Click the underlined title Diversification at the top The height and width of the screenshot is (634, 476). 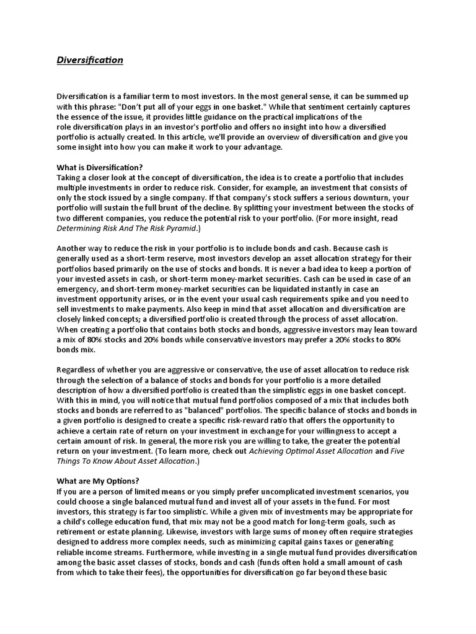coord(90,60)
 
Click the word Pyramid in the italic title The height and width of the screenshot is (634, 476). coord(179,228)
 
